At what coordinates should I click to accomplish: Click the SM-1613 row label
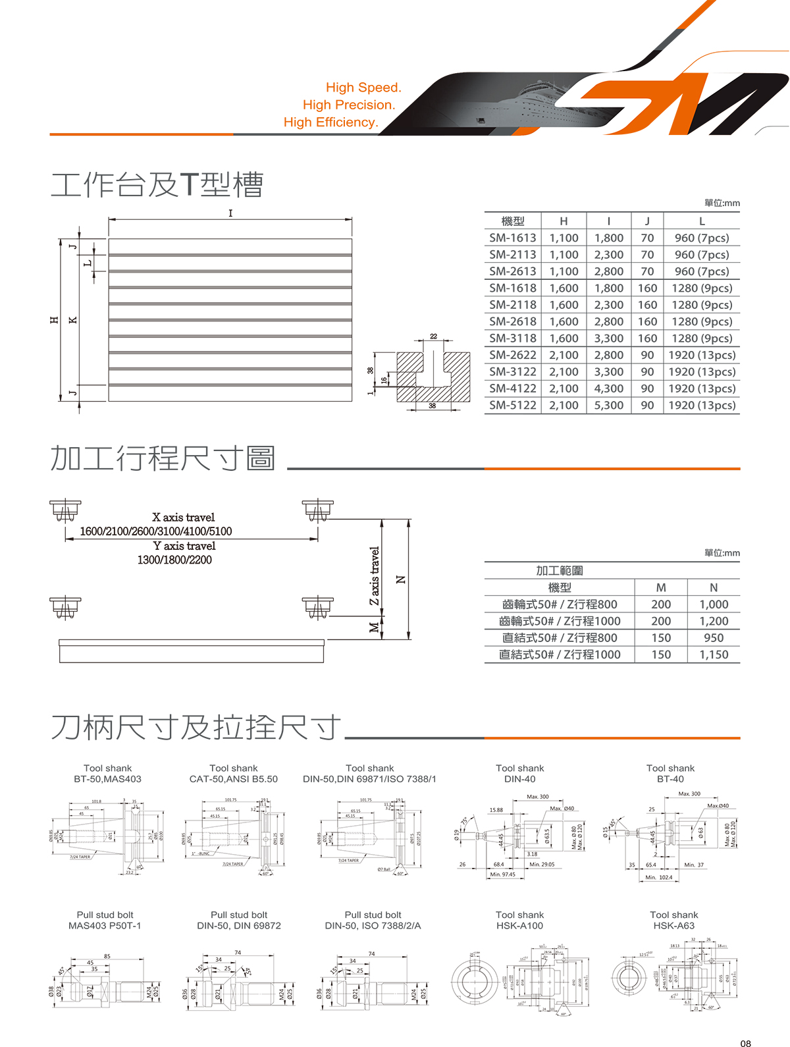(512, 238)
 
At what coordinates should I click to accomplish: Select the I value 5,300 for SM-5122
(608, 405)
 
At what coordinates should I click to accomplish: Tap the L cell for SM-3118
(702, 338)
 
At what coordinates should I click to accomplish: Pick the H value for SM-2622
(564, 355)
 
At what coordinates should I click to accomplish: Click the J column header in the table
(647, 221)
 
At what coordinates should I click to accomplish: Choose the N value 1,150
(714, 655)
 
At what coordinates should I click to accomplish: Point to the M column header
(661, 587)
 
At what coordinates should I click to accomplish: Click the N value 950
(714, 637)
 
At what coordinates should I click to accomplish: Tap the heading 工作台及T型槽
(157, 184)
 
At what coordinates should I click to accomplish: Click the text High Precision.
(349, 105)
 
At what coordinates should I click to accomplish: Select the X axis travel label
(183, 518)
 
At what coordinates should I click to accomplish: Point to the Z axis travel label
(375, 576)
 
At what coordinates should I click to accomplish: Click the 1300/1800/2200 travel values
(174, 560)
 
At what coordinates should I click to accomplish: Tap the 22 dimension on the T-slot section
(433, 336)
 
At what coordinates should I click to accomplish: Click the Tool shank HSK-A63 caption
(673, 920)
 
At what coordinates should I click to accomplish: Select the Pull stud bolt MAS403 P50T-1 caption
(105, 920)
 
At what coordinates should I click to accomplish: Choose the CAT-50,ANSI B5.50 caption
(234, 779)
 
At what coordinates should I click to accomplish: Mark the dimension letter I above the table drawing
(230, 213)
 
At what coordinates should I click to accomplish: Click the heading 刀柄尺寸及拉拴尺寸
(196, 728)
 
